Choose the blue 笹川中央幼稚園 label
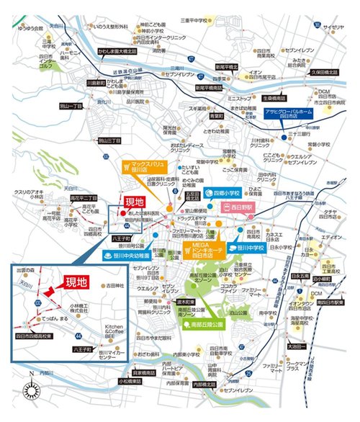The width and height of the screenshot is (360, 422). click(125, 254)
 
